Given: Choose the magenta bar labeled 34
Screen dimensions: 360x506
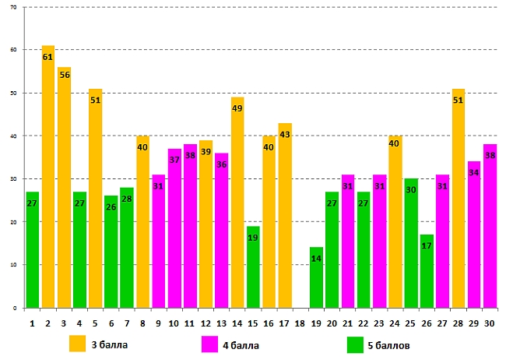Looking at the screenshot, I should (473, 235).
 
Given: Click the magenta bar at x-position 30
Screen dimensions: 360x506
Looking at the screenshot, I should (490, 226).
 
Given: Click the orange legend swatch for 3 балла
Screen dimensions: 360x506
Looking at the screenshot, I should (77, 344).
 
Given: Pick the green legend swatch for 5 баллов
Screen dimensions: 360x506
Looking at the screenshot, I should (355, 344).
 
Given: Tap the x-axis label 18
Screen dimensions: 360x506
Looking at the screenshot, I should (300, 322).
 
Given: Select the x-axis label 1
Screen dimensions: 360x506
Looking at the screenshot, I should (32, 322).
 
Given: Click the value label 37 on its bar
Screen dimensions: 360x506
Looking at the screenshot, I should (174, 160).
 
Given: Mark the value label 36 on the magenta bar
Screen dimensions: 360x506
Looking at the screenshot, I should (222, 164).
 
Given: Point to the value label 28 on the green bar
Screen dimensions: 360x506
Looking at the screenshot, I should (127, 199).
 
